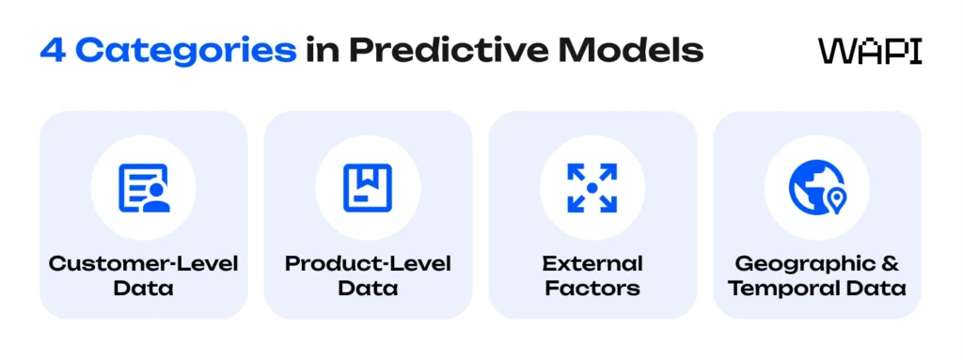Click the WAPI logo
870,51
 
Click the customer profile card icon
143,187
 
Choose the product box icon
368,187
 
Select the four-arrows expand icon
592,187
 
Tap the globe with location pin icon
816,187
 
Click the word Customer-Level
143,263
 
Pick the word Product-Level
368,263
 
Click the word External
592,263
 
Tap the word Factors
592,288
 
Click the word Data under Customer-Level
143,288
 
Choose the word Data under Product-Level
368,288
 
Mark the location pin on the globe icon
834,198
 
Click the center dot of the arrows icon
592,187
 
